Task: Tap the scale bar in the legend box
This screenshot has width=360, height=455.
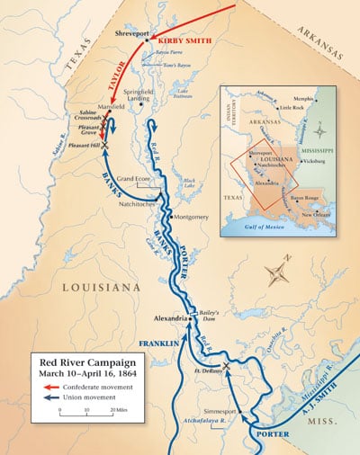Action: (x=85, y=413)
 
